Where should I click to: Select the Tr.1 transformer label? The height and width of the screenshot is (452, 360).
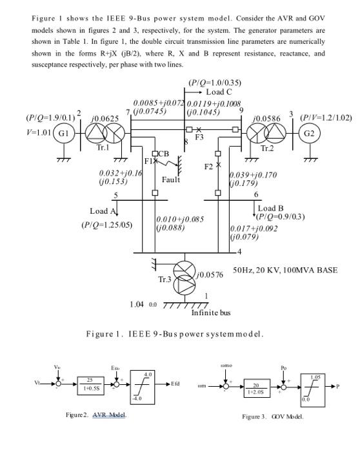pos(103,148)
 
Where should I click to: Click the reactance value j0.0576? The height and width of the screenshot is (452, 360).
pos(210,274)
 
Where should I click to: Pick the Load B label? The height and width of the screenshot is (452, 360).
pos(270,209)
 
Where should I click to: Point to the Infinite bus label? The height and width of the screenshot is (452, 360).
pos(211,313)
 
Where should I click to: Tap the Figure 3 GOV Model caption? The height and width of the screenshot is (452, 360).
pos(272,416)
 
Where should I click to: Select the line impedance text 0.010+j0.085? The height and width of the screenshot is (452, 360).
pos(180,220)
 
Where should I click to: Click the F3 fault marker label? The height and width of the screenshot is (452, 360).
pos(199,138)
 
